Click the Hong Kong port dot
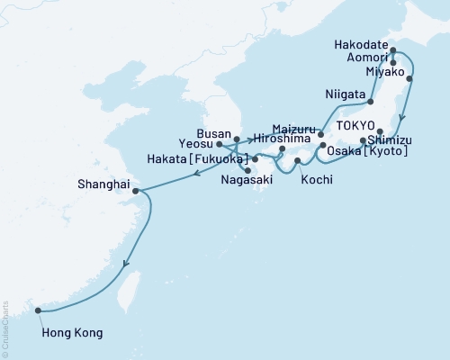[38, 311]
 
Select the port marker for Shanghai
[135, 191]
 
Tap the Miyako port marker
[411, 79]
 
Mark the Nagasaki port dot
[247, 170]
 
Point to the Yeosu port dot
[220, 143]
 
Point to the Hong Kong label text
[72, 333]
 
